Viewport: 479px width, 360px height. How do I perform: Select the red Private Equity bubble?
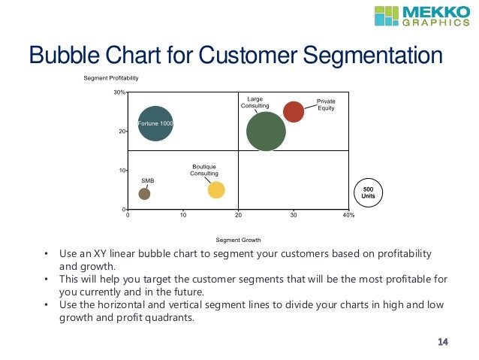point(294,111)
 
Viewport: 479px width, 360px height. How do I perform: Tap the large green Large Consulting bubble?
point(266,132)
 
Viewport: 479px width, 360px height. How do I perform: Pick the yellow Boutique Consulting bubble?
point(216,189)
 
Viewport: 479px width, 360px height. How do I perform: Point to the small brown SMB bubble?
point(144,193)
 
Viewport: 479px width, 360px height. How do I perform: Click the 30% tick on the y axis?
point(119,93)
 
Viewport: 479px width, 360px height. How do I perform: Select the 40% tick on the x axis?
point(348,216)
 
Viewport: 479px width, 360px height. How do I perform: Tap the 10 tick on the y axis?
point(120,171)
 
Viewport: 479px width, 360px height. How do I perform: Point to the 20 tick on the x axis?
point(238,216)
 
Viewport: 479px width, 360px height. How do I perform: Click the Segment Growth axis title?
point(238,240)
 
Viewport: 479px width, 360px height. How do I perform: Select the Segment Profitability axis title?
point(111,78)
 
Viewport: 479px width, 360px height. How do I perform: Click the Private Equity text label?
point(326,104)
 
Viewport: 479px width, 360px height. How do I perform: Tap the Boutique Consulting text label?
point(204,170)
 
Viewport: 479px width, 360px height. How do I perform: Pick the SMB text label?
point(147,180)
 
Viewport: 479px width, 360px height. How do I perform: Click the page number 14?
point(442,343)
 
